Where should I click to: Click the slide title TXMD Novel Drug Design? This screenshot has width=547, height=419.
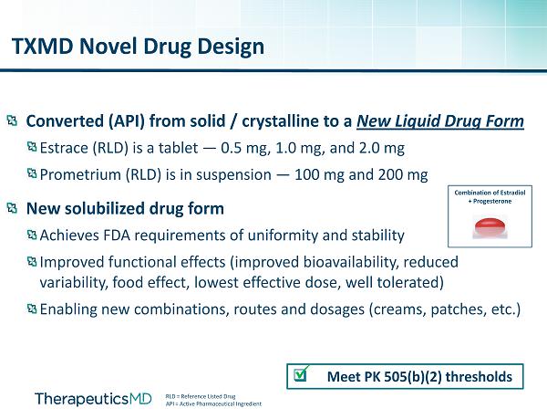(138, 47)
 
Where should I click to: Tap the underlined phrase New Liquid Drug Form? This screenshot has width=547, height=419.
(440, 121)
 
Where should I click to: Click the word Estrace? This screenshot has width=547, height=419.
(65, 148)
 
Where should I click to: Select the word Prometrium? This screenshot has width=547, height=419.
(81, 174)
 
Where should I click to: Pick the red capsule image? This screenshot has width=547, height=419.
(490, 227)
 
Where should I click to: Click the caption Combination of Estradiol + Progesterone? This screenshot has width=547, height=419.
(490, 197)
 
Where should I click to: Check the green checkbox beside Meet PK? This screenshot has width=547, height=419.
(301, 374)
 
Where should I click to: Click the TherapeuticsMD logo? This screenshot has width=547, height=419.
(93, 399)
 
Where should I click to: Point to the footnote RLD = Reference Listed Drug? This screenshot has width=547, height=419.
(201, 396)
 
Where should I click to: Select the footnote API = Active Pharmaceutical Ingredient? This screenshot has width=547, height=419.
(213, 404)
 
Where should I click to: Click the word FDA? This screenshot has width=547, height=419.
(117, 236)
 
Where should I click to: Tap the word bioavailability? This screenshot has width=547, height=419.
(351, 262)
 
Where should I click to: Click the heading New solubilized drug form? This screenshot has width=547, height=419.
(125, 209)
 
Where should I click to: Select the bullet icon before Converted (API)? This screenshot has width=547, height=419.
(12, 121)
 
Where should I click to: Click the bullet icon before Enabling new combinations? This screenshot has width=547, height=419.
(32, 309)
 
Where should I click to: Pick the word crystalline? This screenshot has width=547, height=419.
(298, 121)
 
